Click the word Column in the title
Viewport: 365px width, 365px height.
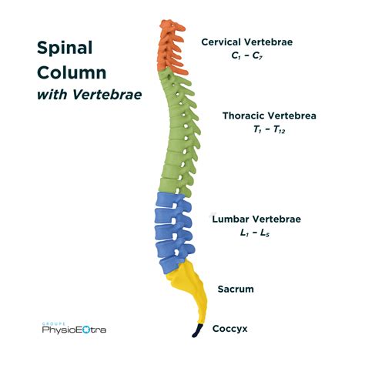71,74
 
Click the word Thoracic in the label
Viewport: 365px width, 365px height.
245,116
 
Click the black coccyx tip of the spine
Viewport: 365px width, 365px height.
197,331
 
